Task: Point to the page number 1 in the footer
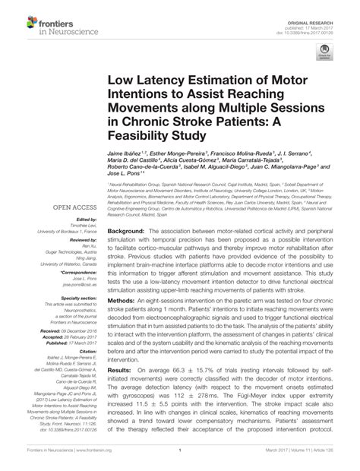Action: (180, 460)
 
